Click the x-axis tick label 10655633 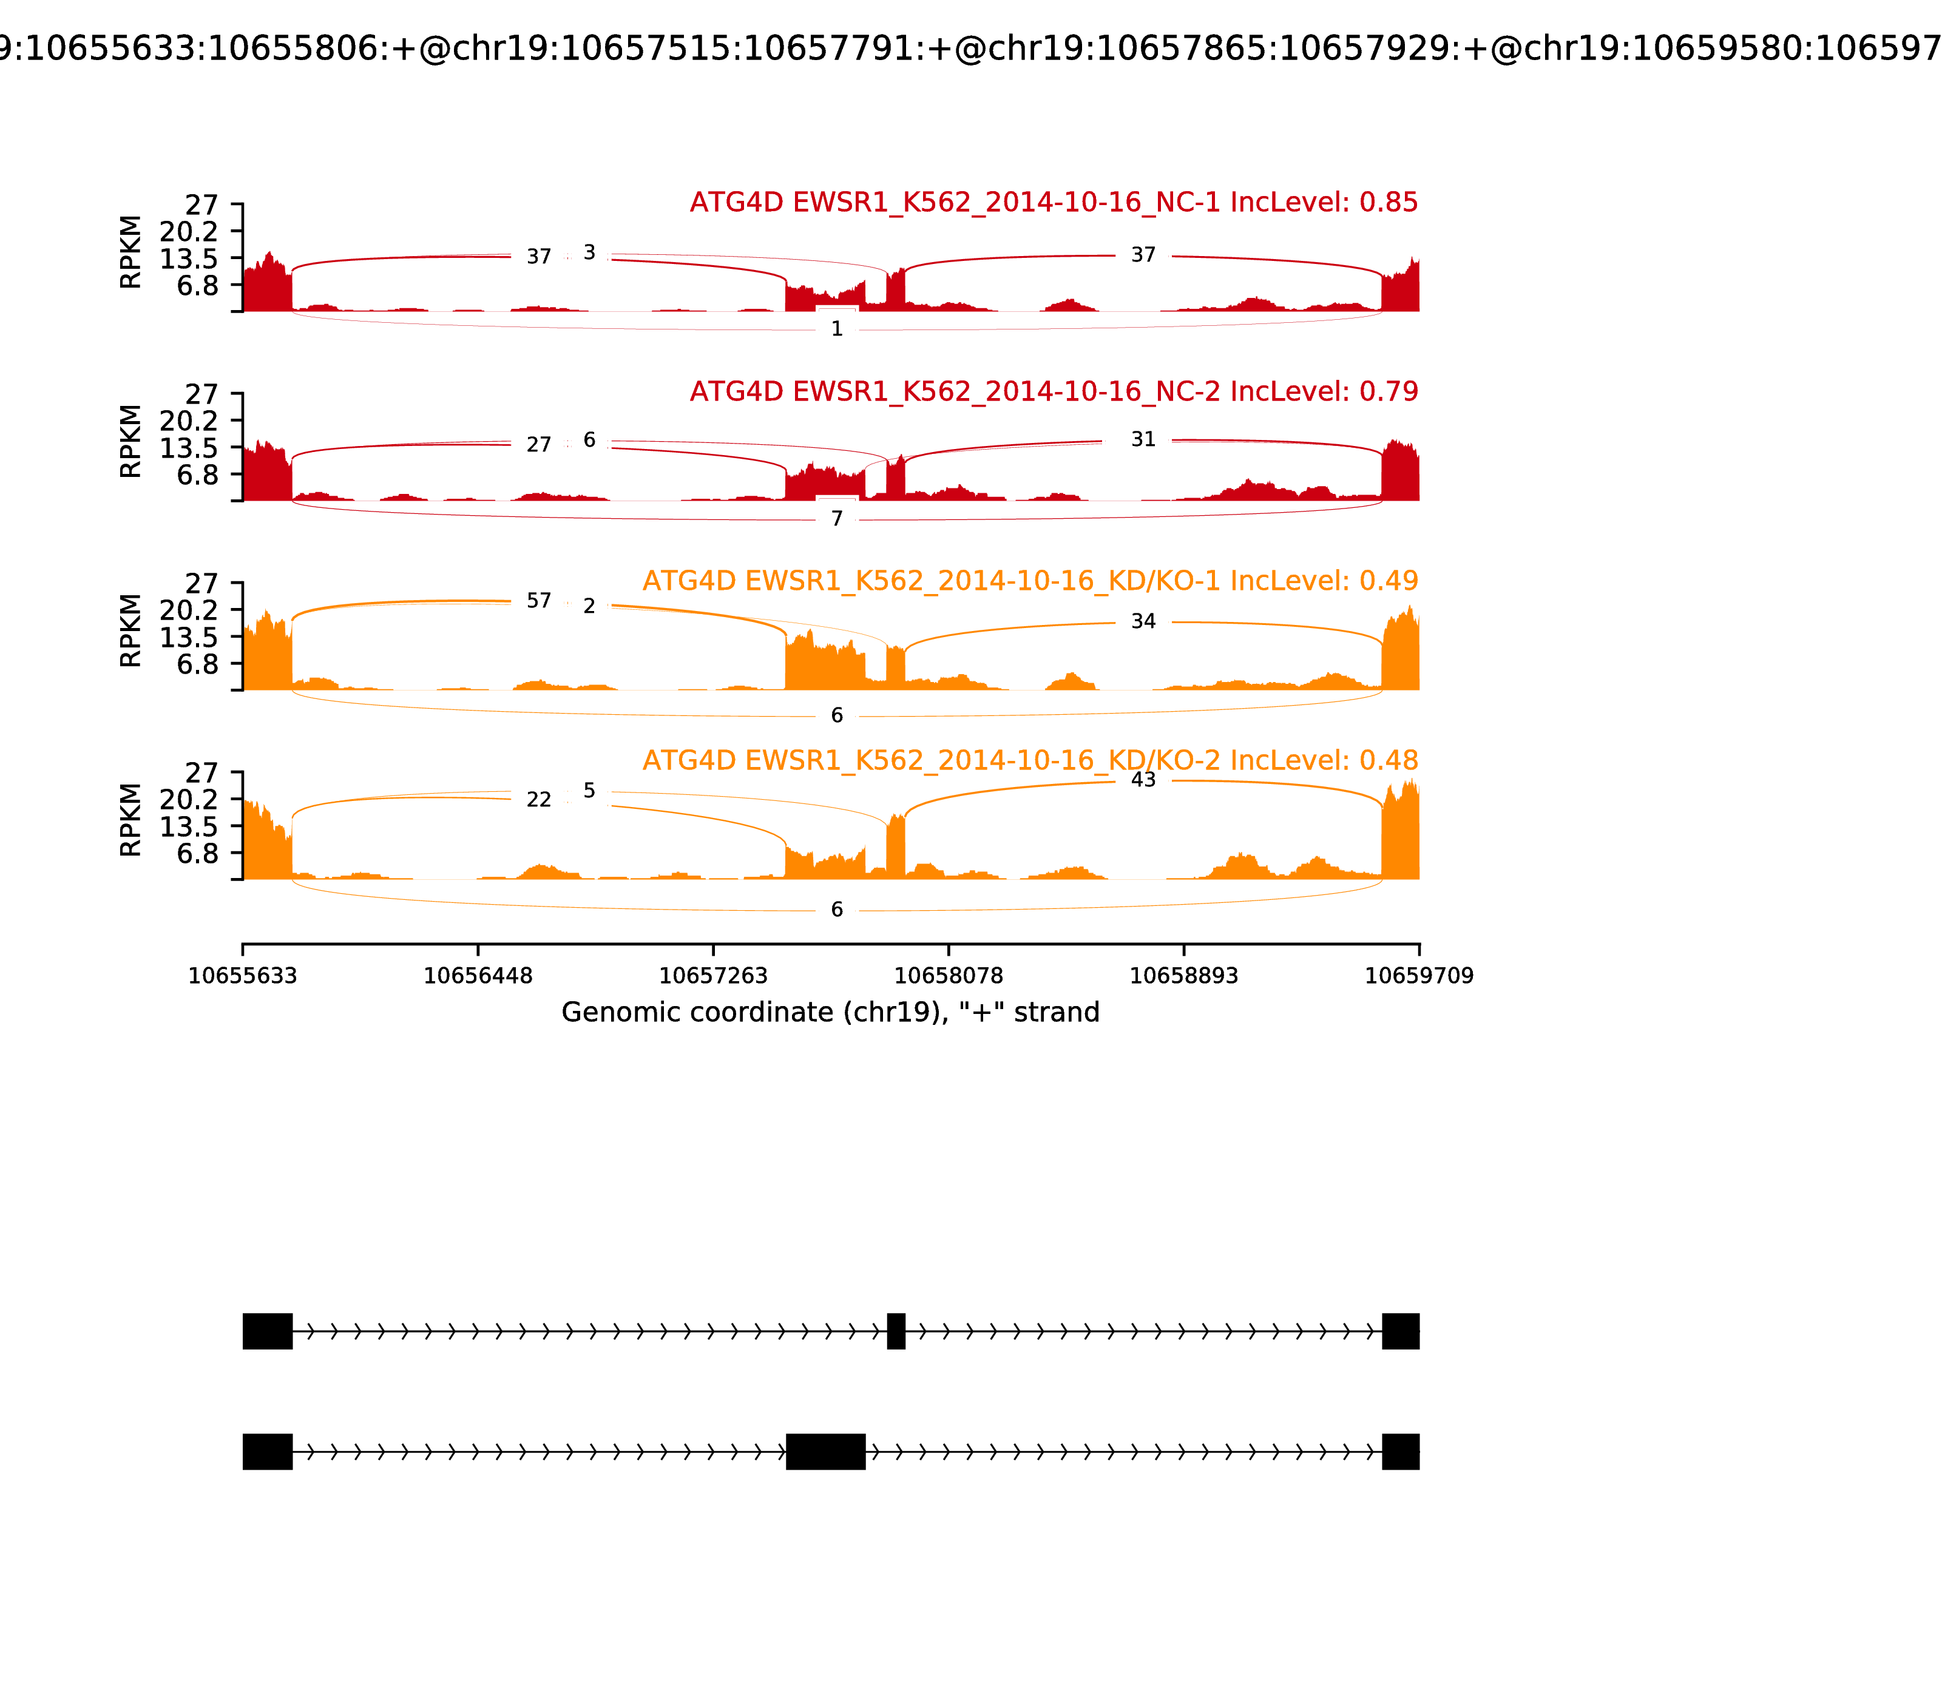point(243,976)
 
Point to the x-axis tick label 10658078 point(948,976)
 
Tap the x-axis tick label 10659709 point(1419,976)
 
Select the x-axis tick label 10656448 point(478,976)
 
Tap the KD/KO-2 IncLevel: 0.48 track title point(1030,760)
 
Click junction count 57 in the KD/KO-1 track point(539,601)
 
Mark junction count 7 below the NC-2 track point(836,519)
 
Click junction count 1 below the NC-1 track point(836,329)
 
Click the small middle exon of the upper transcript point(896,1331)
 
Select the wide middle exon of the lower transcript point(825,1451)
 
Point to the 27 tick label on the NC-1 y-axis point(201,206)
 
